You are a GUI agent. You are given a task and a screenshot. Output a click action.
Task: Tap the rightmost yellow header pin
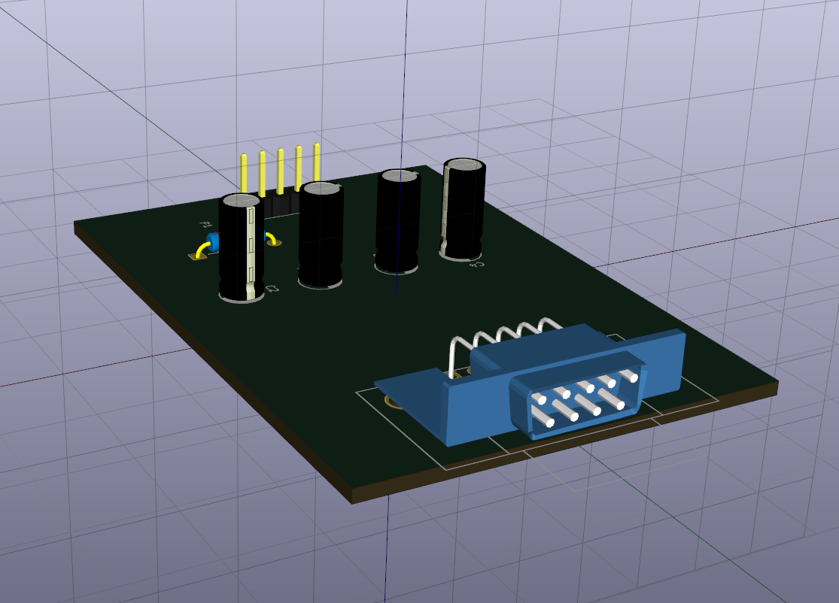(x=317, y=162)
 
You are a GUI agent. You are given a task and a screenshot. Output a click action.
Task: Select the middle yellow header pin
(x=280, y=168)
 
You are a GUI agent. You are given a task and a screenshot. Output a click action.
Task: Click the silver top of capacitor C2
(x=242, y=201)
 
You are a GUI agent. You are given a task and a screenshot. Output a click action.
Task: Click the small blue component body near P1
(x=213, y=241)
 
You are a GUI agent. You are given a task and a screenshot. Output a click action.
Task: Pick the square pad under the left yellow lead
(x=197, y=256)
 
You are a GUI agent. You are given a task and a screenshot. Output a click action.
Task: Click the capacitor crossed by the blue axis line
(x=398, y=222)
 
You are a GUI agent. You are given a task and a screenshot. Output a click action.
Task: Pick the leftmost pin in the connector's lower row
(x=543, y=420)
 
